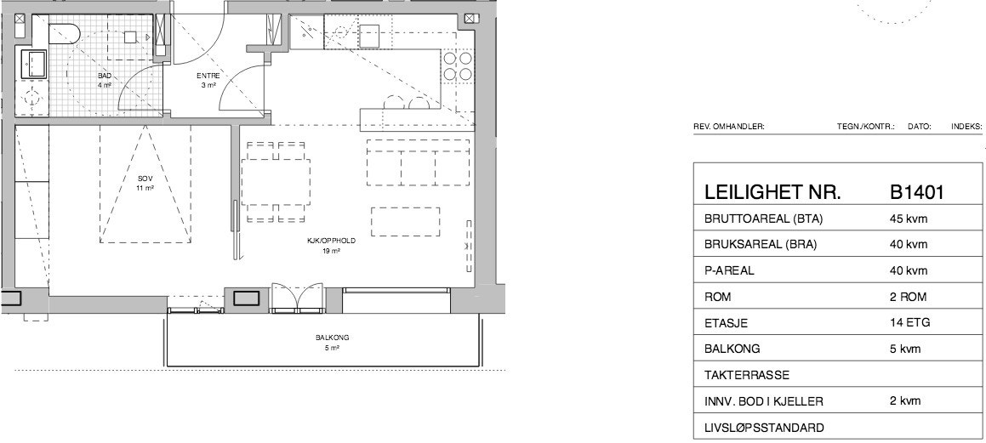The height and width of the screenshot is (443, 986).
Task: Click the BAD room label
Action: coord(105,76)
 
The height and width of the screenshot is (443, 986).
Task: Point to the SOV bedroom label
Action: coord(145,179)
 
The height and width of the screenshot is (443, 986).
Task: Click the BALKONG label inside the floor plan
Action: coord(332,338)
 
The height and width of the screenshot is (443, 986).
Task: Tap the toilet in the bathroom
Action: coord(64,33)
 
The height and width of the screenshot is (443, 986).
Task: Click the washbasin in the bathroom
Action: coord(35,64)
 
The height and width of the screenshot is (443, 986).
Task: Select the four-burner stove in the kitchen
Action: coord(458,66)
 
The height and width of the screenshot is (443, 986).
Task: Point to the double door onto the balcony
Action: coord(298,298)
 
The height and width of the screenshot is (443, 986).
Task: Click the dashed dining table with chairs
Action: coord(276,182)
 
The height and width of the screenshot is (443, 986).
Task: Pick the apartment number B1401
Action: coord(917,192)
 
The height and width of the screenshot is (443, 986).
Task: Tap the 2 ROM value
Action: coord(908,297)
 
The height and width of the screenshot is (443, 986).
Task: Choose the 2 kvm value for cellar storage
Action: coord(905,400)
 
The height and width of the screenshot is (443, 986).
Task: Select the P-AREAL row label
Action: coord(729,271)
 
